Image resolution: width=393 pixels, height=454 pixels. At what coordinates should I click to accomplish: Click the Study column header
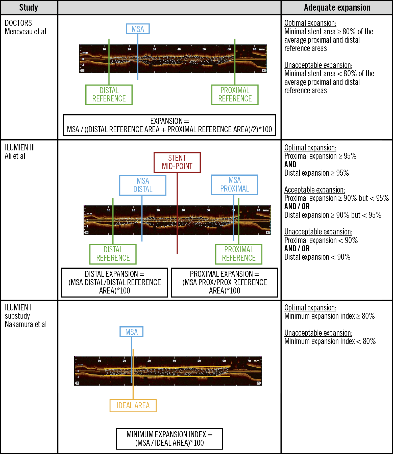click(x=29, y=8)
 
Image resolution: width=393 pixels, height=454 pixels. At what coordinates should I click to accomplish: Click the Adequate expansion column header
click(x=337, y=8)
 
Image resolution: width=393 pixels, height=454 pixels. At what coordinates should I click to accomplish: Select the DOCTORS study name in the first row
click(x=18, y=23)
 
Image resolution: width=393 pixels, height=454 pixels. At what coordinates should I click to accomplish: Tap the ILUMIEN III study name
click(x=20, y=148)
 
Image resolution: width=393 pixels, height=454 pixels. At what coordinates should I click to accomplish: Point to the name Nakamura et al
click(x=26, y=324)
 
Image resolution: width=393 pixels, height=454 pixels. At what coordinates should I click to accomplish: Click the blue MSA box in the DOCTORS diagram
click(x=138, y=29)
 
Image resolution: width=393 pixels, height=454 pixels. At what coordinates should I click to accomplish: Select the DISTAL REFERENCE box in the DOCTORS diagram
click(x=109, y=95)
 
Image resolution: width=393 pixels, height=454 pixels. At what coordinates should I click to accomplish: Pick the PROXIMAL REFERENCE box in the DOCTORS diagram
click(x=235, y=95)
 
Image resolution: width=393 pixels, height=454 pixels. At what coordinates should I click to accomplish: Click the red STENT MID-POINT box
click(x=177, y=162)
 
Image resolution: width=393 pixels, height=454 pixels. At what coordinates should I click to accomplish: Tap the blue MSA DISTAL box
click(x=143, y=185)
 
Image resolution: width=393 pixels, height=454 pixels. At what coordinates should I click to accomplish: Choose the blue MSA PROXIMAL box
click(x=234, y=185)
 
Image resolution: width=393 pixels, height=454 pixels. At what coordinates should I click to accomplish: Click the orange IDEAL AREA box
click(x=133, y=406)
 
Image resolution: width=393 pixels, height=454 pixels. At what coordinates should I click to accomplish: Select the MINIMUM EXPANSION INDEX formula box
click(x=169, y=439)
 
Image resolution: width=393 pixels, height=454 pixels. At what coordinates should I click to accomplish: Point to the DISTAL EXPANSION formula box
click(x=115, y=282)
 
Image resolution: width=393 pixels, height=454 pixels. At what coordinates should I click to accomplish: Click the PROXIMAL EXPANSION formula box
click(x=225, y=282)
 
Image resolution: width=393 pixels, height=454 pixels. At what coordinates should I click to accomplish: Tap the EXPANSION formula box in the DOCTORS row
click(x=169, y=125)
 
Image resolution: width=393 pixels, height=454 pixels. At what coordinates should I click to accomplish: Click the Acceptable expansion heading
click(x=314, y=190)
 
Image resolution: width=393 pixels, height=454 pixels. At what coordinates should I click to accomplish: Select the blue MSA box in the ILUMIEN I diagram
click(x=131, y=332)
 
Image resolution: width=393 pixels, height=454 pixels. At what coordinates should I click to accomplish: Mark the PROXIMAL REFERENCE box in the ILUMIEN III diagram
click(x=239, y=254)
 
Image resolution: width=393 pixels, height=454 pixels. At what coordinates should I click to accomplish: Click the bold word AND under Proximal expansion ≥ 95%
click(x=290, y=165)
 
